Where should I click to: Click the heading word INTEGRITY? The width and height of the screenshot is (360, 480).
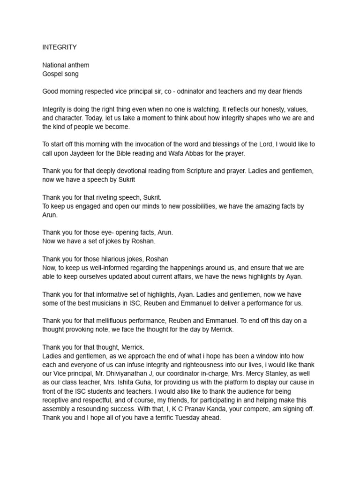[60, 47]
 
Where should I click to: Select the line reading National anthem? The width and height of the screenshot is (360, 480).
[66, 65]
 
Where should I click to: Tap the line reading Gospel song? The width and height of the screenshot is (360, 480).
[60, 74]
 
